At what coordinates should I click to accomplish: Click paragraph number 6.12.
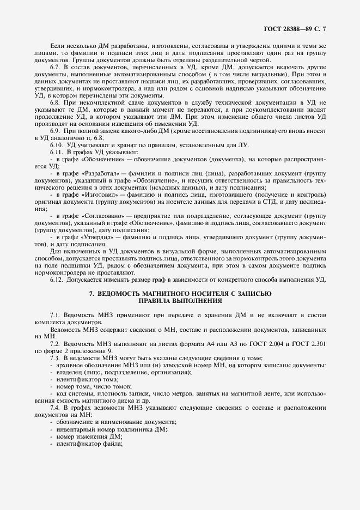(x=57, y=279)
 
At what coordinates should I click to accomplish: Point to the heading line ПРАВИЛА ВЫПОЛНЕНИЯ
(x=180, y=300)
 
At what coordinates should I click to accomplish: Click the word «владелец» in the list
(x=68, y=372)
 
